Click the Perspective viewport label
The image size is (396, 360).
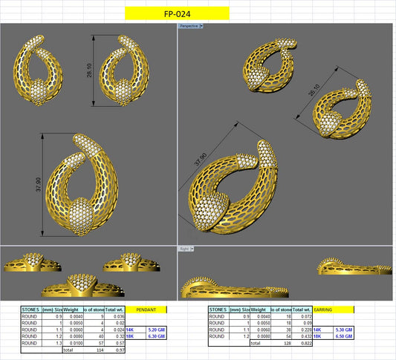[x=190, y=25]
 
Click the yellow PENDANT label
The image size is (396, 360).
[x=146, y=309]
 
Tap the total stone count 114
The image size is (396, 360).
[x=99, y=350]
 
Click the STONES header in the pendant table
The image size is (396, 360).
[x=31, y=309]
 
